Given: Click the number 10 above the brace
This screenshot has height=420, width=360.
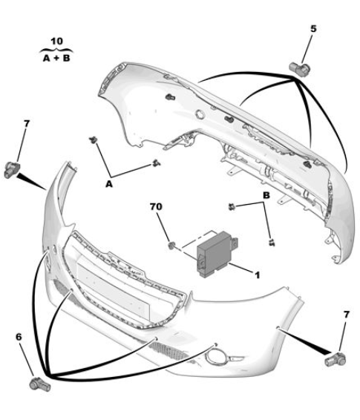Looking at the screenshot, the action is point(56,42).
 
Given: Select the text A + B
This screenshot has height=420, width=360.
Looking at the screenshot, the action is point(56,58).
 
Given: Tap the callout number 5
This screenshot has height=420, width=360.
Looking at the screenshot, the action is point(313,29).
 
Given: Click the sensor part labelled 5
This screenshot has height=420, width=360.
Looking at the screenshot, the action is point(299,69).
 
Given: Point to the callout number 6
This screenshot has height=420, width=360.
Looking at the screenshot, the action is point(19,337).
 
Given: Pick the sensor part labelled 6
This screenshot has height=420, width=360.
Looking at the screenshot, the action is point(39,384).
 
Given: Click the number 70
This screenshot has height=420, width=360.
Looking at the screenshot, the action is point(156,206).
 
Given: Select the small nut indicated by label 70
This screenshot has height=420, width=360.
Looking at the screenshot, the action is point(171,245).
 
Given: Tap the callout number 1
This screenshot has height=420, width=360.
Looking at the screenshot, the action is point(257,275).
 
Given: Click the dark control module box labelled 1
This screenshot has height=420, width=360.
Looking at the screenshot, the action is point(216,253).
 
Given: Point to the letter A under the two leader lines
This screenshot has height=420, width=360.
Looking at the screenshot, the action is point(109,184).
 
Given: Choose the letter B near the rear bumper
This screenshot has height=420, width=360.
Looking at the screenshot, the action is point(266,195).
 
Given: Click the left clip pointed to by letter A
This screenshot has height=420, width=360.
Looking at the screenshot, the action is point(93,140).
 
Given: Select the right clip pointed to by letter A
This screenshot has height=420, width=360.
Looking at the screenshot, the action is point(156,163).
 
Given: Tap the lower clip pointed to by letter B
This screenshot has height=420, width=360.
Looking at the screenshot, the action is point(272,243).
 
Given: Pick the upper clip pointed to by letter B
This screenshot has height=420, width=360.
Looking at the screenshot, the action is point(232,207).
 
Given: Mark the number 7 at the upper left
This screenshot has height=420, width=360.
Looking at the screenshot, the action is point(26,124).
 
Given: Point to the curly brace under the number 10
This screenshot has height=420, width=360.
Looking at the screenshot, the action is point(56,50).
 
